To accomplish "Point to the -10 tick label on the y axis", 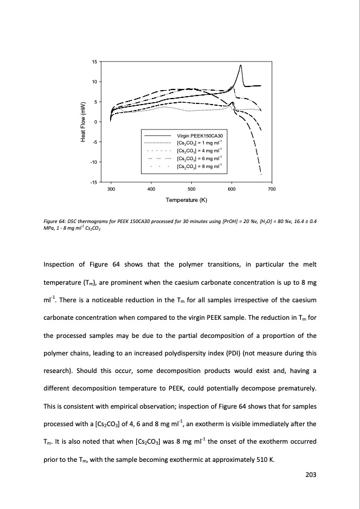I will (93, 162).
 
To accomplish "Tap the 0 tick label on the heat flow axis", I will (95, 122).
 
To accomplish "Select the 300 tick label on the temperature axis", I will (111, 190).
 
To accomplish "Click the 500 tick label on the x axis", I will (191, 190).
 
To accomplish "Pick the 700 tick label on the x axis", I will (272, 190).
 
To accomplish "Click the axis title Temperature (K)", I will (191, 200).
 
